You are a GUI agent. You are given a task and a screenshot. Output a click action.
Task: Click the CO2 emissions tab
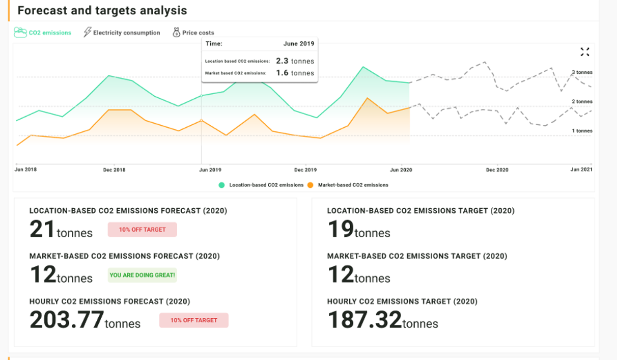coord(43,33)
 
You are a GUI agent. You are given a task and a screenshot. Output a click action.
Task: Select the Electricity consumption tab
coord(122,33)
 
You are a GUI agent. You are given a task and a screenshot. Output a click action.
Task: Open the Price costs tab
coord(193,33)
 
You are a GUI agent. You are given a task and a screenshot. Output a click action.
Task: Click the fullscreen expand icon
coord(584,51)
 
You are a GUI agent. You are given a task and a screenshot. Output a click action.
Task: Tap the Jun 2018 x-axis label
coord(25,170)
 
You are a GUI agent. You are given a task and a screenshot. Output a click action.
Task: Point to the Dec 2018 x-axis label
coord(114,170)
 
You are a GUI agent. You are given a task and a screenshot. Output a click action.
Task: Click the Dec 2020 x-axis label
coord(497,170)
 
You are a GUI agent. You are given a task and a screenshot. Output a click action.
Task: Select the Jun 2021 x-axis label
coord(581,170)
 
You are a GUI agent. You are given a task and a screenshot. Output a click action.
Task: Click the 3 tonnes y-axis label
coord(582,72)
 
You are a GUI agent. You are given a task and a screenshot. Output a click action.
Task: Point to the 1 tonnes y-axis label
coord(582,131)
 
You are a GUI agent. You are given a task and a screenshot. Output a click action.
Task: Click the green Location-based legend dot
coord(221,185)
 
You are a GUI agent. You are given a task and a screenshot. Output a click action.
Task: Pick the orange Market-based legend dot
coord(310,185)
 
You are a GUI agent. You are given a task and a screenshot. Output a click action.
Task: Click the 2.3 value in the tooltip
coord(283,61)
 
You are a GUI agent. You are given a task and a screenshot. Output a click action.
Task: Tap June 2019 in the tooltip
coord(298,44)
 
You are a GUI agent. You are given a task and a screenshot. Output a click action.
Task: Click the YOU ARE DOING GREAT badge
coord(142,275)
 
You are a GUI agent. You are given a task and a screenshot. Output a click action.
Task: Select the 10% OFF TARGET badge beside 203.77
coord(193,320)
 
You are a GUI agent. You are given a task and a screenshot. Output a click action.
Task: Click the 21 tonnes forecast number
coord(42,229)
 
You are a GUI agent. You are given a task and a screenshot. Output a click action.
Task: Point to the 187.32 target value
coord(364,320)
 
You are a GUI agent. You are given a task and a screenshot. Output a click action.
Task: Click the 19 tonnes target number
coord(340,229)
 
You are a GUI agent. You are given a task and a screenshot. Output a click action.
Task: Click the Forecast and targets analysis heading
coord(102,10)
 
